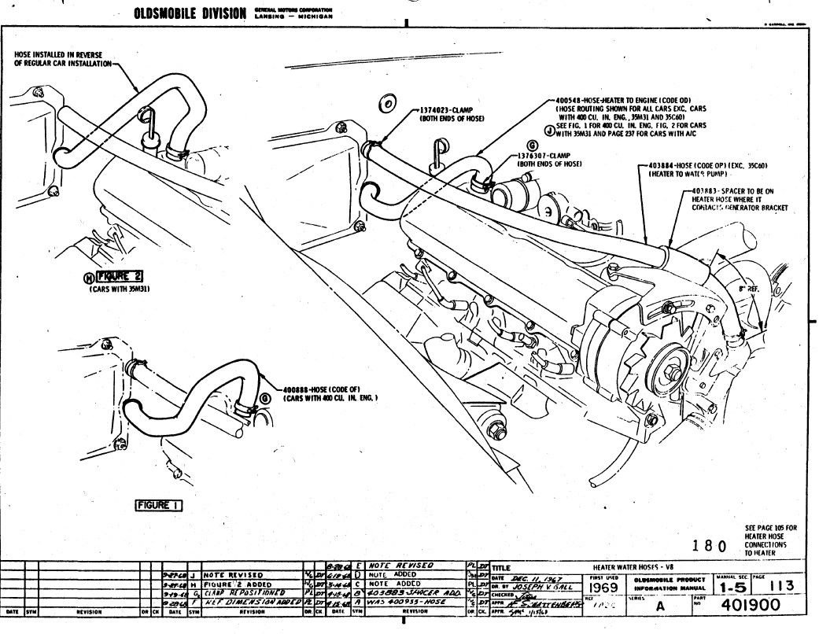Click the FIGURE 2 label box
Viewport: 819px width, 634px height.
(x=120, y=276)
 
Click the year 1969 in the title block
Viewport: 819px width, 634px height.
(x=603, y=587)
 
